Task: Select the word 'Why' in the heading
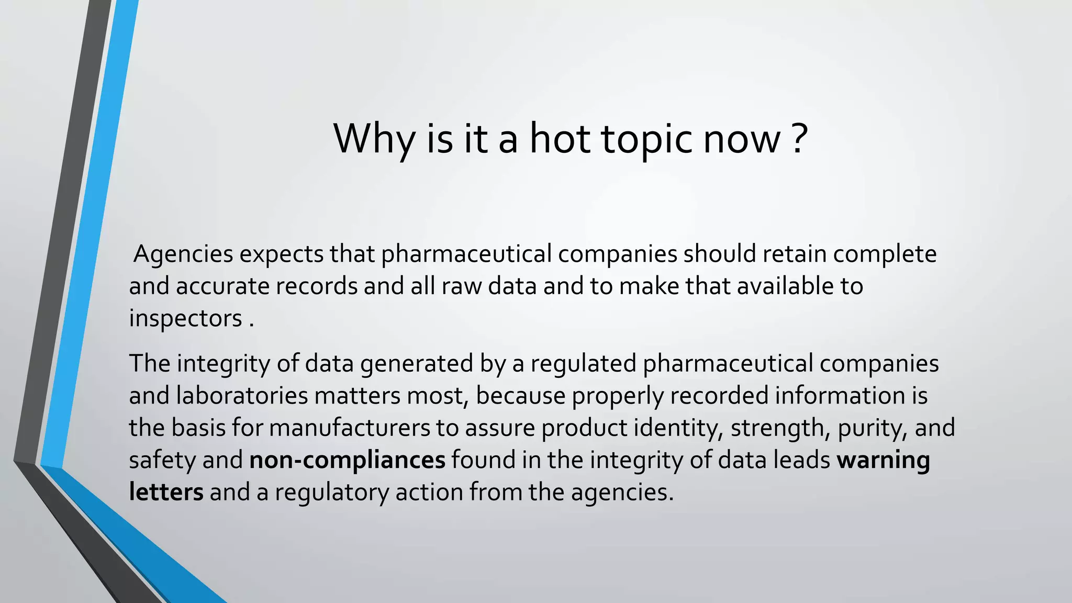coord(374,139)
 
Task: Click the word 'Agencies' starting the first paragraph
coord(183,254)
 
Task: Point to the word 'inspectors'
coord(185,319)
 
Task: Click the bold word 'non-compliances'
coord(347,460)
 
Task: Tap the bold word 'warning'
coord(883,460)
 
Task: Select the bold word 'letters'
coord(166,493)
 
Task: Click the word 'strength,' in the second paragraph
coord(780,428)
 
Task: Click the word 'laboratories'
coord(242,396)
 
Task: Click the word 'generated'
coord(417,363)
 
